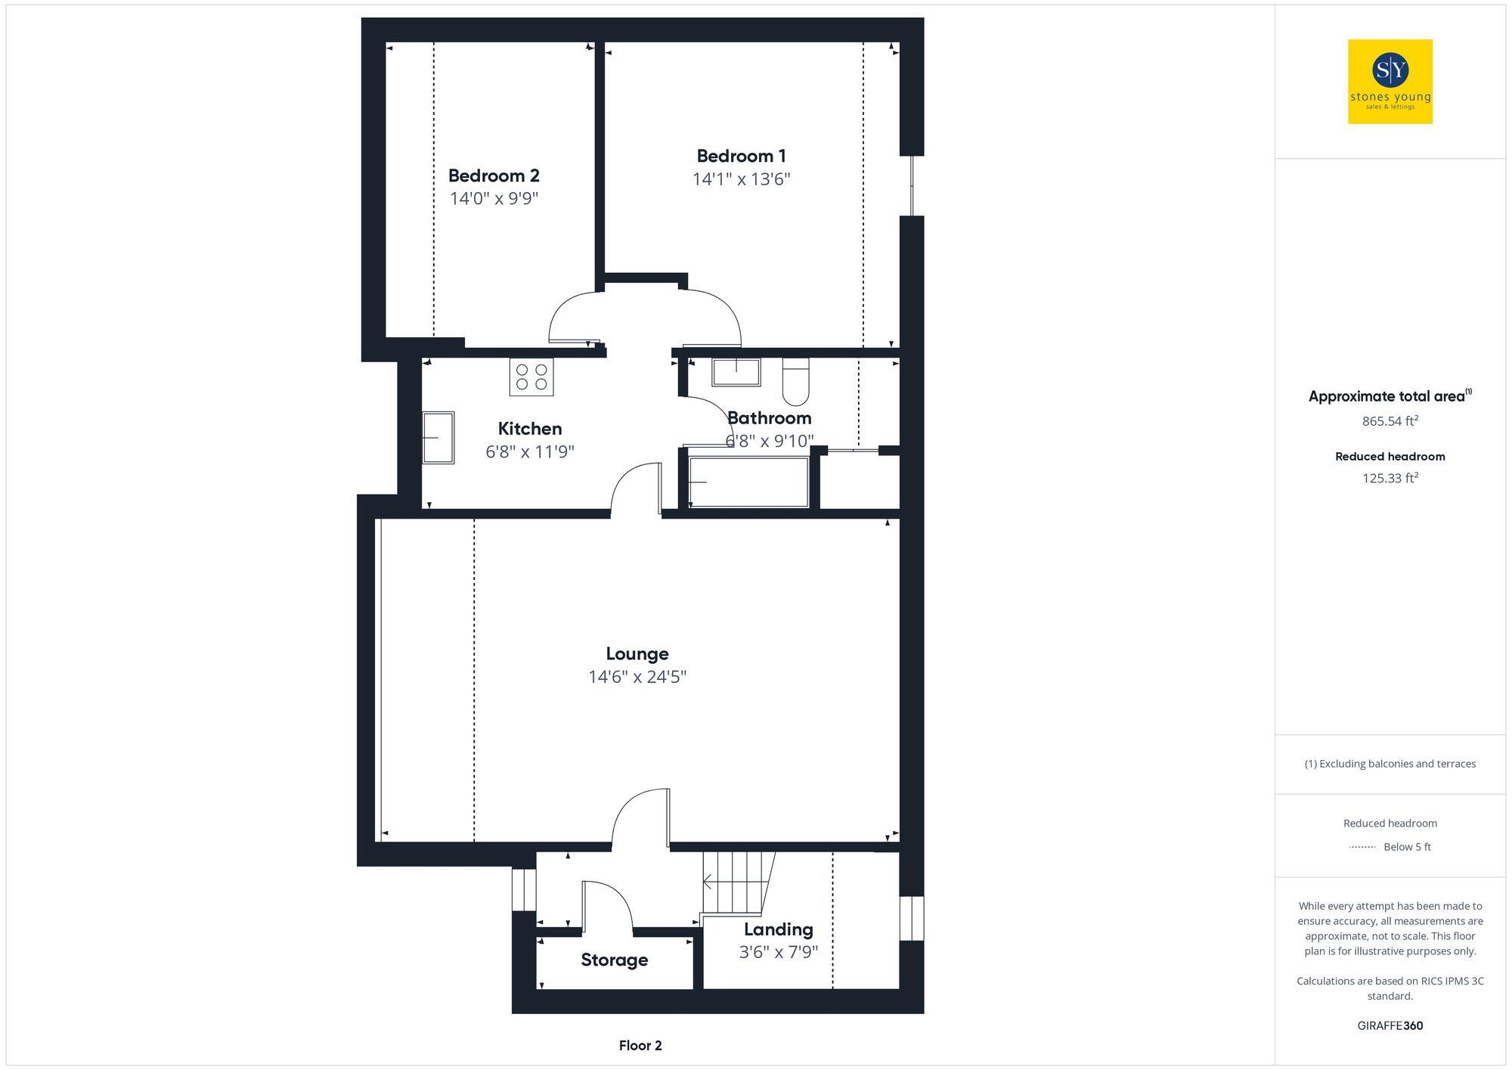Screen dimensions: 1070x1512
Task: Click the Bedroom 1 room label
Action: [741, 157]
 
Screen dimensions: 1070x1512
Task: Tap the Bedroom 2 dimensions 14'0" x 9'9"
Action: [494, 199]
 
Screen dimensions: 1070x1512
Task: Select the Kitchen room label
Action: [529, 429]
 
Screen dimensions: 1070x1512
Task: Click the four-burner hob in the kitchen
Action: [531, 377]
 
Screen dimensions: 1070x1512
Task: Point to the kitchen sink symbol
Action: [438, 437]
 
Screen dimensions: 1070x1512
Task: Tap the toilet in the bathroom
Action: [795, 382]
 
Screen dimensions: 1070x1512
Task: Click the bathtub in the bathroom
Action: [748, 482]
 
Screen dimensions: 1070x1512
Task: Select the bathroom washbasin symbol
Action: [736, 372]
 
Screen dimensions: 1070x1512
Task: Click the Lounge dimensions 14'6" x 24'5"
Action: [637, 677]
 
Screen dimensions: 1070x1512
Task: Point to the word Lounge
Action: [637, 654]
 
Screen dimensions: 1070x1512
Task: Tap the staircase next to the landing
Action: [736, 882]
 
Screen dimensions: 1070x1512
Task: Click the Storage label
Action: [614, 960]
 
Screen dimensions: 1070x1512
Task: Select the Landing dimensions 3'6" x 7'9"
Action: [778, 952]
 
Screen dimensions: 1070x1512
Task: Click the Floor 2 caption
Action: [640, 1046]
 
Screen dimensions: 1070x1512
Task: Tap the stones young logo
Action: [1390, 82]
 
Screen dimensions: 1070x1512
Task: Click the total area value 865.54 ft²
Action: [1390, 421]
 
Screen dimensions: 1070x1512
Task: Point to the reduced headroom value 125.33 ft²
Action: [1390, 479]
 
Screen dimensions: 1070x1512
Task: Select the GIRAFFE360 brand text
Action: [1390, 1026]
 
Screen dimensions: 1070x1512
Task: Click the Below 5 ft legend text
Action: [1407, 847]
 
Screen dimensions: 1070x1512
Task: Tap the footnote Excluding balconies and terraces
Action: [1390, 764]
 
